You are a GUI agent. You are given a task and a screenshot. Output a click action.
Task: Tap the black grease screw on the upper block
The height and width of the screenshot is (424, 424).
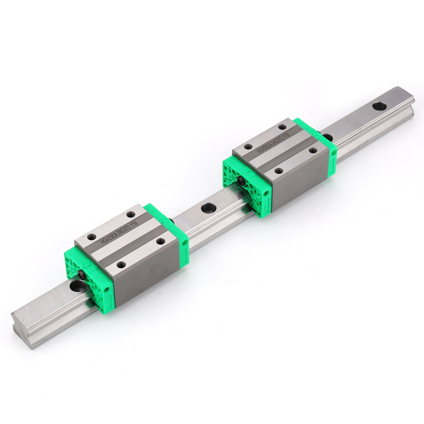[x=241, y=181]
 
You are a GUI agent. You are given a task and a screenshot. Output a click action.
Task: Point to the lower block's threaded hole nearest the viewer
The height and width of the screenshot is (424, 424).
[x=121, y=265]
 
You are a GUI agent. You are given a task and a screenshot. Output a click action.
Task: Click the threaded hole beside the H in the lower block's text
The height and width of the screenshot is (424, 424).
[x=91, y=237]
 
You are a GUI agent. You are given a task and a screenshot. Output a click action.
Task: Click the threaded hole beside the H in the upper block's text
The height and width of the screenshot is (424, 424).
[x=248, y=147]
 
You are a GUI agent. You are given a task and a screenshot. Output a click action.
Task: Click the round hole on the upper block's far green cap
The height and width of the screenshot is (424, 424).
[x=335, y=153]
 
